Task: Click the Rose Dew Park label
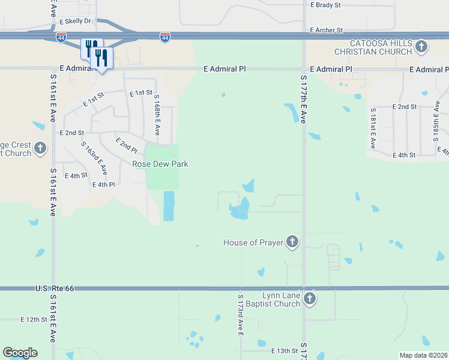(x=160, y=164)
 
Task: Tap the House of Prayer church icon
(x=292, y=242)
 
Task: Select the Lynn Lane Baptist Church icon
(x=309, y=299)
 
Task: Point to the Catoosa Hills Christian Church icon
(x=421, y=47)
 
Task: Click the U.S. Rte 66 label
(x=53, y=289)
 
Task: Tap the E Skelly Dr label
(x=75, y=20)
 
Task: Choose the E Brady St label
(x=325, y=5)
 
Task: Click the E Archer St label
(x=326, y=30)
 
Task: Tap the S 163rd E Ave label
(x=95, y=158)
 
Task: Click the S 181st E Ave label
(x=373, y=128)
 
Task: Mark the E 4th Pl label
(x=103, y=185)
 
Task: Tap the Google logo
(x=20, y=353)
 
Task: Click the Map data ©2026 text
(x=423, y=355)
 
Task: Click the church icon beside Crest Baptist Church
(x=40, y=148)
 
